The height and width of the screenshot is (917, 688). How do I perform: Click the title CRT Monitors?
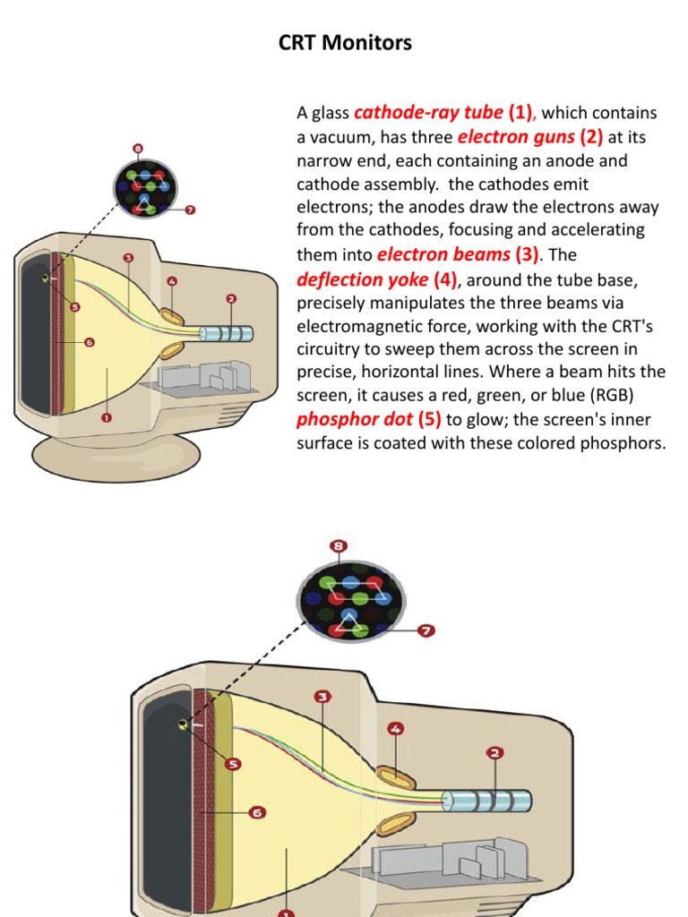click(345, 43)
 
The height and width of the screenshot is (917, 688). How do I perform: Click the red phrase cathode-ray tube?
click(429, 113)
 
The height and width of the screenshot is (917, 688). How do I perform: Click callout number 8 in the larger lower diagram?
click(339, 545)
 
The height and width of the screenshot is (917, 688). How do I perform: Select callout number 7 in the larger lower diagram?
click(426, 630)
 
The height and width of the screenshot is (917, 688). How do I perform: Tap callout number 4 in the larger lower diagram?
click(394, 730)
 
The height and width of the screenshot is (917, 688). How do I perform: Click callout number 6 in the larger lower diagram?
click(257, 812)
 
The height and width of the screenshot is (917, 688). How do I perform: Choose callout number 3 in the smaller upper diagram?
click(128, 258)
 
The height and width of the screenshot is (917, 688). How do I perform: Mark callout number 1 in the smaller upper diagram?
click(106, 417)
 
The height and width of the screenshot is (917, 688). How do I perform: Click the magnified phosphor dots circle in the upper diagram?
click(145, 187)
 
